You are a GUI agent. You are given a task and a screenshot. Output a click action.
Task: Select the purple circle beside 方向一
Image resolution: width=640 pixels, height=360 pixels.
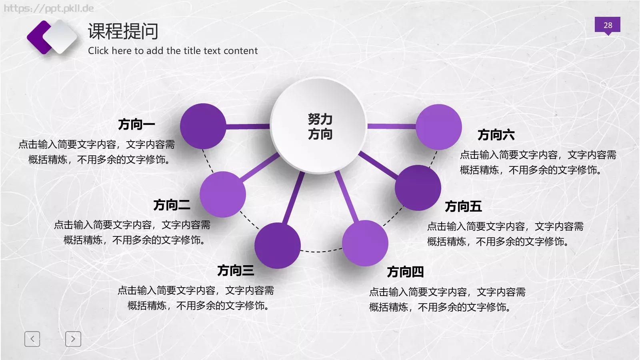click(203, 126)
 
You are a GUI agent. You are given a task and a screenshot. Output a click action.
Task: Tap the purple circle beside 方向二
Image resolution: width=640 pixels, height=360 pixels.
click(222, 194)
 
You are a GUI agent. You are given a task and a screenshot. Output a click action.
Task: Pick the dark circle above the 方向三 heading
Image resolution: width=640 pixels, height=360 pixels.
click(277, 245)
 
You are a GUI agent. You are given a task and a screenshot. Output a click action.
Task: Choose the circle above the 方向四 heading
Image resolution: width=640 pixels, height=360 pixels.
click(365, 243)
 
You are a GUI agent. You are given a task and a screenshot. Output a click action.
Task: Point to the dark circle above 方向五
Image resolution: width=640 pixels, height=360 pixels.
click(418, 188)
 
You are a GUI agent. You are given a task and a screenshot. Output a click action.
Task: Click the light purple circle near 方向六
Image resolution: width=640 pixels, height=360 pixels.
click(439, 127)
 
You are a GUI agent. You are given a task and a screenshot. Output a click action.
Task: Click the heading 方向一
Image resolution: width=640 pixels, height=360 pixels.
click(136, 124)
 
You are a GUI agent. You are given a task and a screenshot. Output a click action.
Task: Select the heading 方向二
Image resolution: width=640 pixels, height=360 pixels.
click(172, 205)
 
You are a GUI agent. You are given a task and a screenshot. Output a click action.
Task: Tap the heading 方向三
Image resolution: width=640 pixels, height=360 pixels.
click(236, 271)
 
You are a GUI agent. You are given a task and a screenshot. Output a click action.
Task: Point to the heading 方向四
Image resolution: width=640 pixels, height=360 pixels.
click(405, 272)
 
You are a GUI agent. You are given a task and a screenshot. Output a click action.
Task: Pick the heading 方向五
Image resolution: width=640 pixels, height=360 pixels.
click(463, 206)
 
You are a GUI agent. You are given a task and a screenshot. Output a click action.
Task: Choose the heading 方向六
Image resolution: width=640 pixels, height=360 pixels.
click(496, 135)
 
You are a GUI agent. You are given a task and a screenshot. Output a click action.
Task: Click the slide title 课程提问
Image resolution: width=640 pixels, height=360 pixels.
click(123, 31)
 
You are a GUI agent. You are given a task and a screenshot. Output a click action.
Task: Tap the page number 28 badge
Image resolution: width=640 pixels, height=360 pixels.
click(608, 25)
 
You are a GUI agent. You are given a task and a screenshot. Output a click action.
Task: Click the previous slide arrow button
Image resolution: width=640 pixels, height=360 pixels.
click(32, 339)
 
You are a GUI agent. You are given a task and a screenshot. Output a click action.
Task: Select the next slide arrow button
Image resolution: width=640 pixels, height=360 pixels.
click(73, 339)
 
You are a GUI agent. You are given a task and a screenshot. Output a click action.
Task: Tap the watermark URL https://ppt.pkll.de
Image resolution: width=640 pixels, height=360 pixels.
click(49, 8)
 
